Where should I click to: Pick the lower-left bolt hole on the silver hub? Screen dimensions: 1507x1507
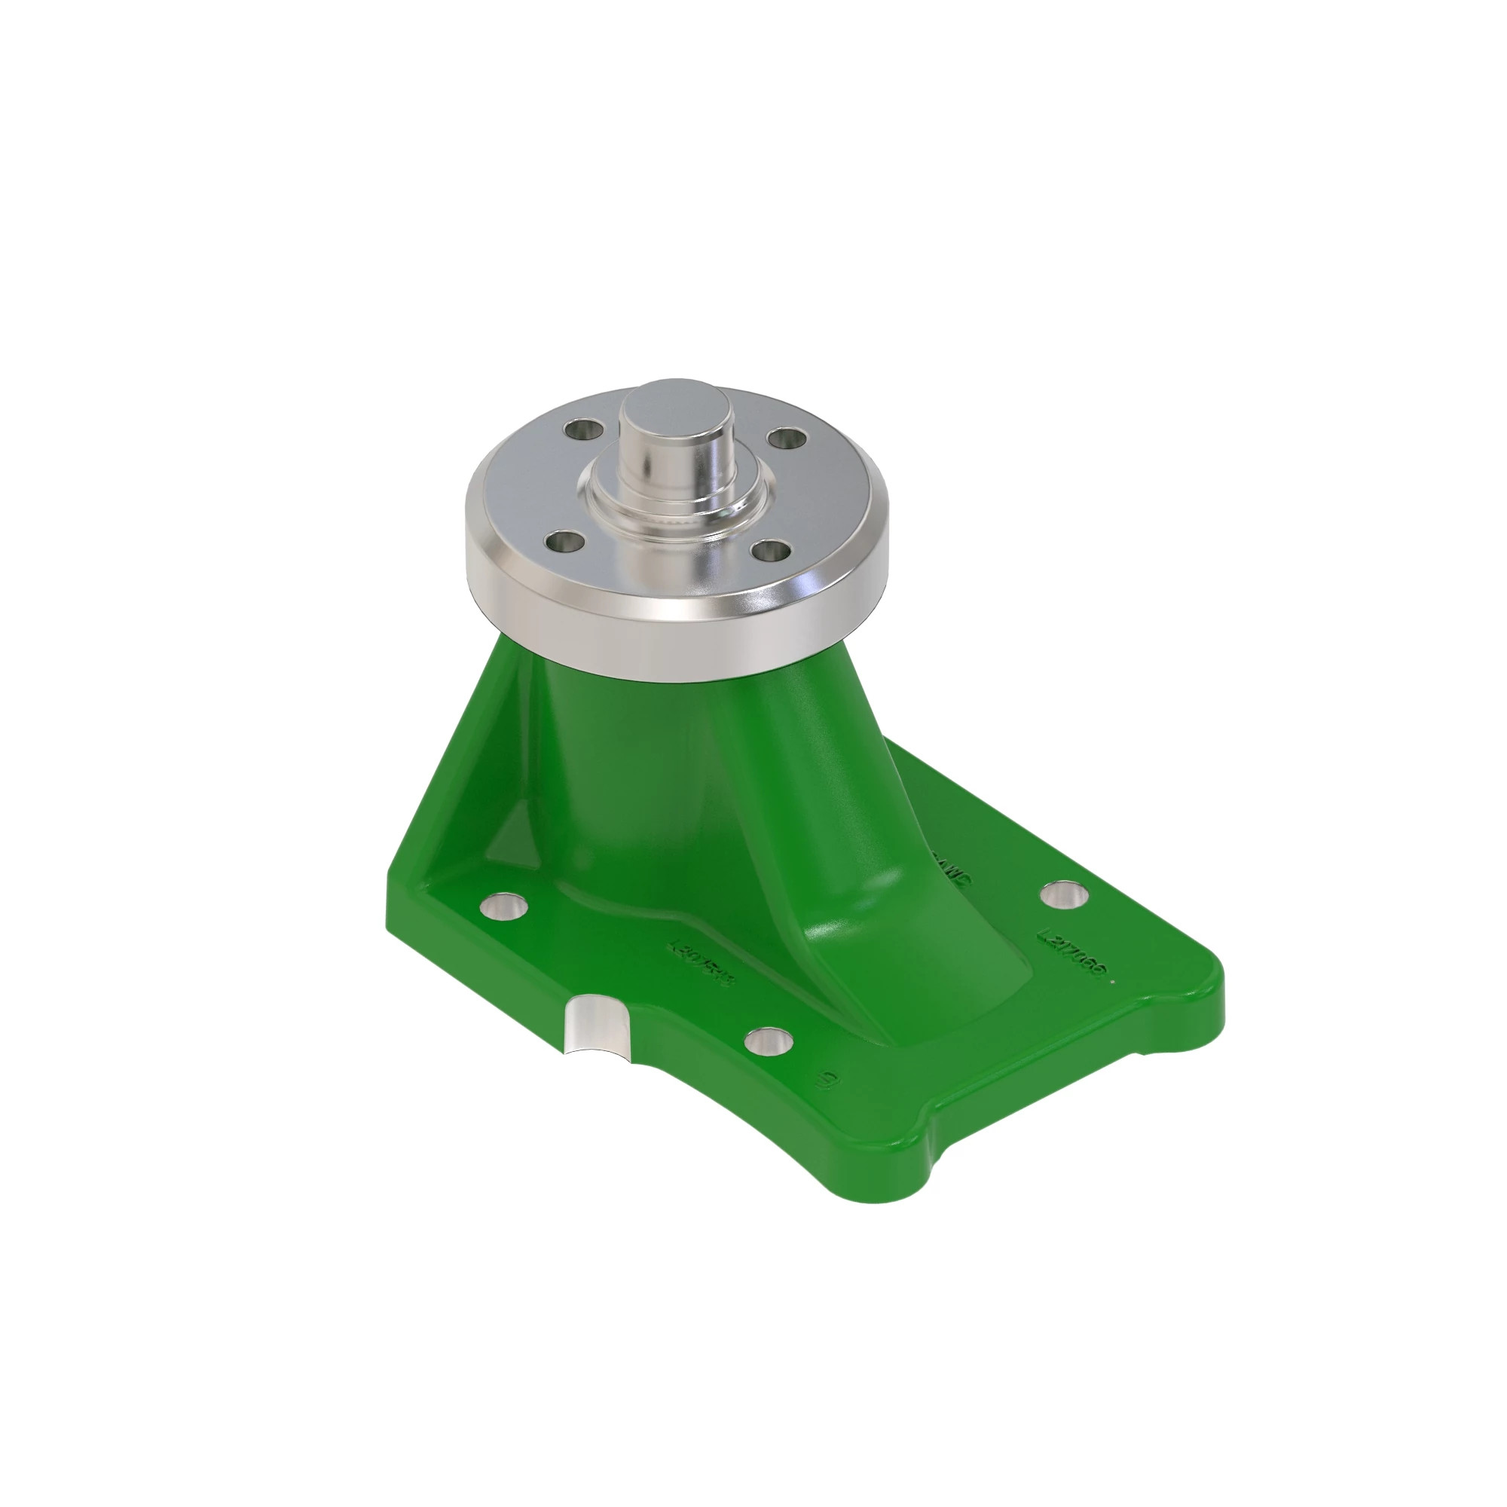563,541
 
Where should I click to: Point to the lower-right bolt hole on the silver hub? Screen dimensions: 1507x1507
776,553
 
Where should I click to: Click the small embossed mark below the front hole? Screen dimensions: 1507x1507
827,1081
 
